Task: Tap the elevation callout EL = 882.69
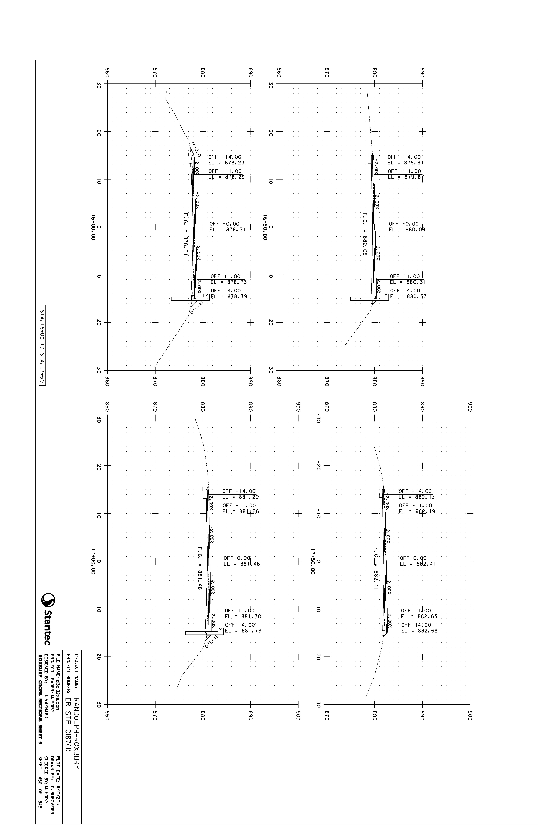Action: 419,630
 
